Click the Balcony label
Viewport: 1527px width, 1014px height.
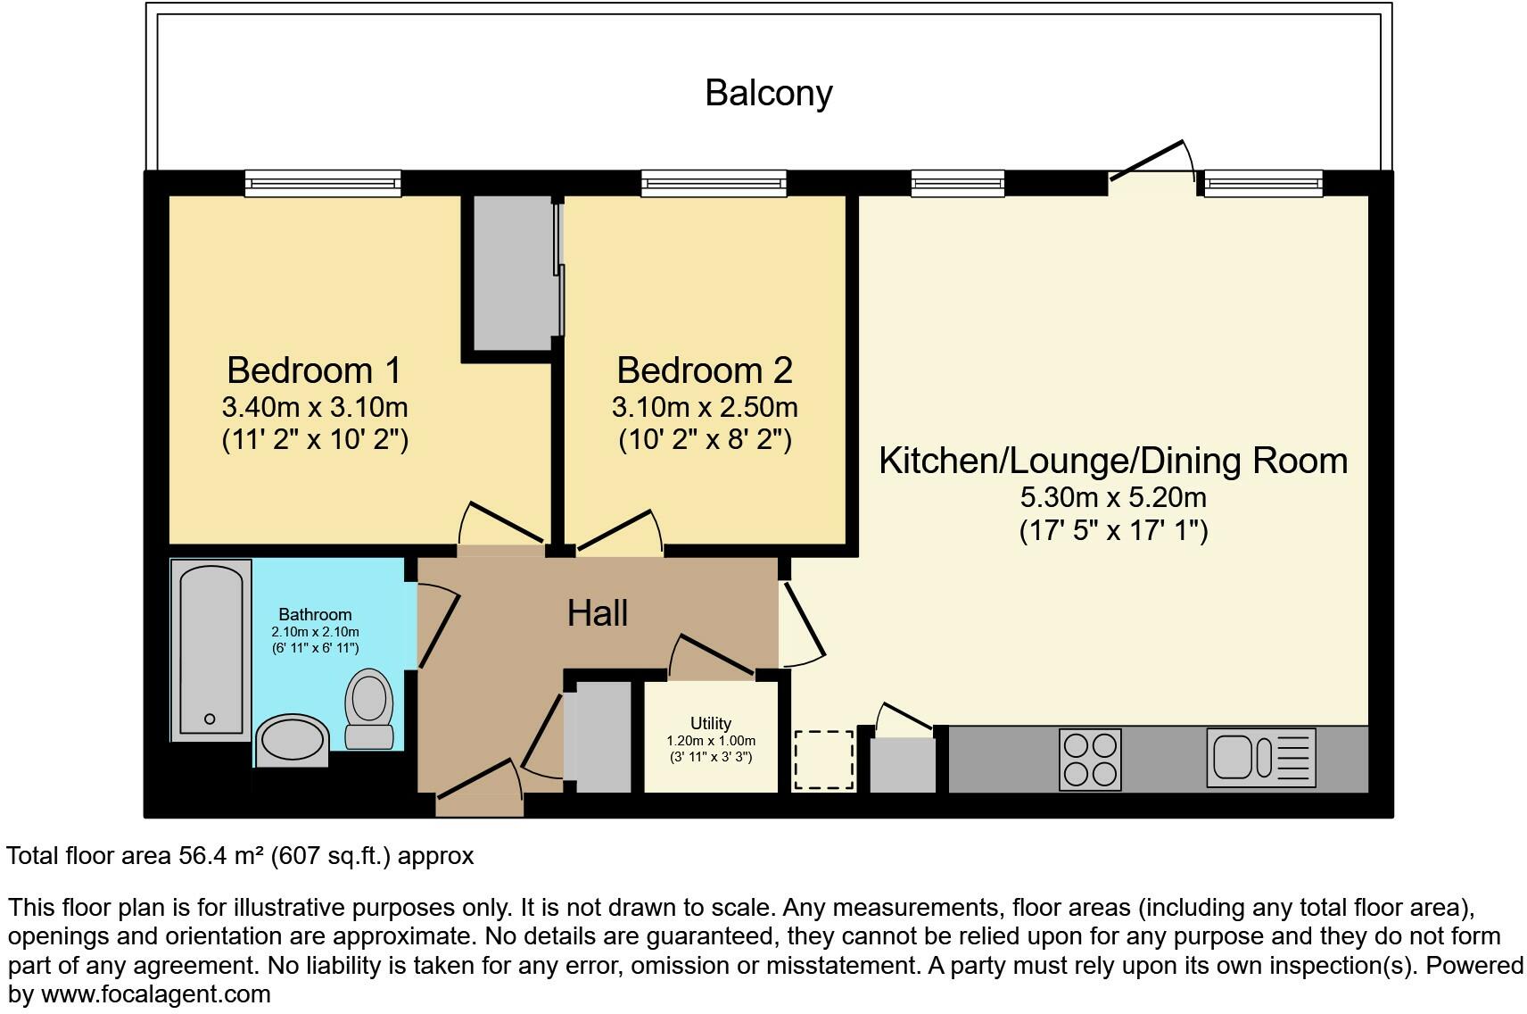coord(768,93)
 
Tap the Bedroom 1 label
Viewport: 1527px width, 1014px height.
coord(314,370)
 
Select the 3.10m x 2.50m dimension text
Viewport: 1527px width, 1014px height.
coord(704,408)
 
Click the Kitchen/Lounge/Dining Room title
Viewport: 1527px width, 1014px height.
coord(1113,461)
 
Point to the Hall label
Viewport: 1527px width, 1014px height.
coord(598,613)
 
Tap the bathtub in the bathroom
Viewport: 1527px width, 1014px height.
coord(210,650)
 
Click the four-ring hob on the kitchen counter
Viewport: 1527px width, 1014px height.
coord(1090,760)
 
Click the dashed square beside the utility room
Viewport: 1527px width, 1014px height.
coord(823,760)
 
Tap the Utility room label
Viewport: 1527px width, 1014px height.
coord(710,723)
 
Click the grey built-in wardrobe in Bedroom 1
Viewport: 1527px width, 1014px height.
coord(512,273)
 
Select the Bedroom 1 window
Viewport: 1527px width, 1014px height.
coord(323,185)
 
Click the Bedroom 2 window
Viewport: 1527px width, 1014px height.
coord(714,185)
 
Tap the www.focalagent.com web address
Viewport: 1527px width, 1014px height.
coord(155,993)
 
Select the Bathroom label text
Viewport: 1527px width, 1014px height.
coord(315,614)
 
